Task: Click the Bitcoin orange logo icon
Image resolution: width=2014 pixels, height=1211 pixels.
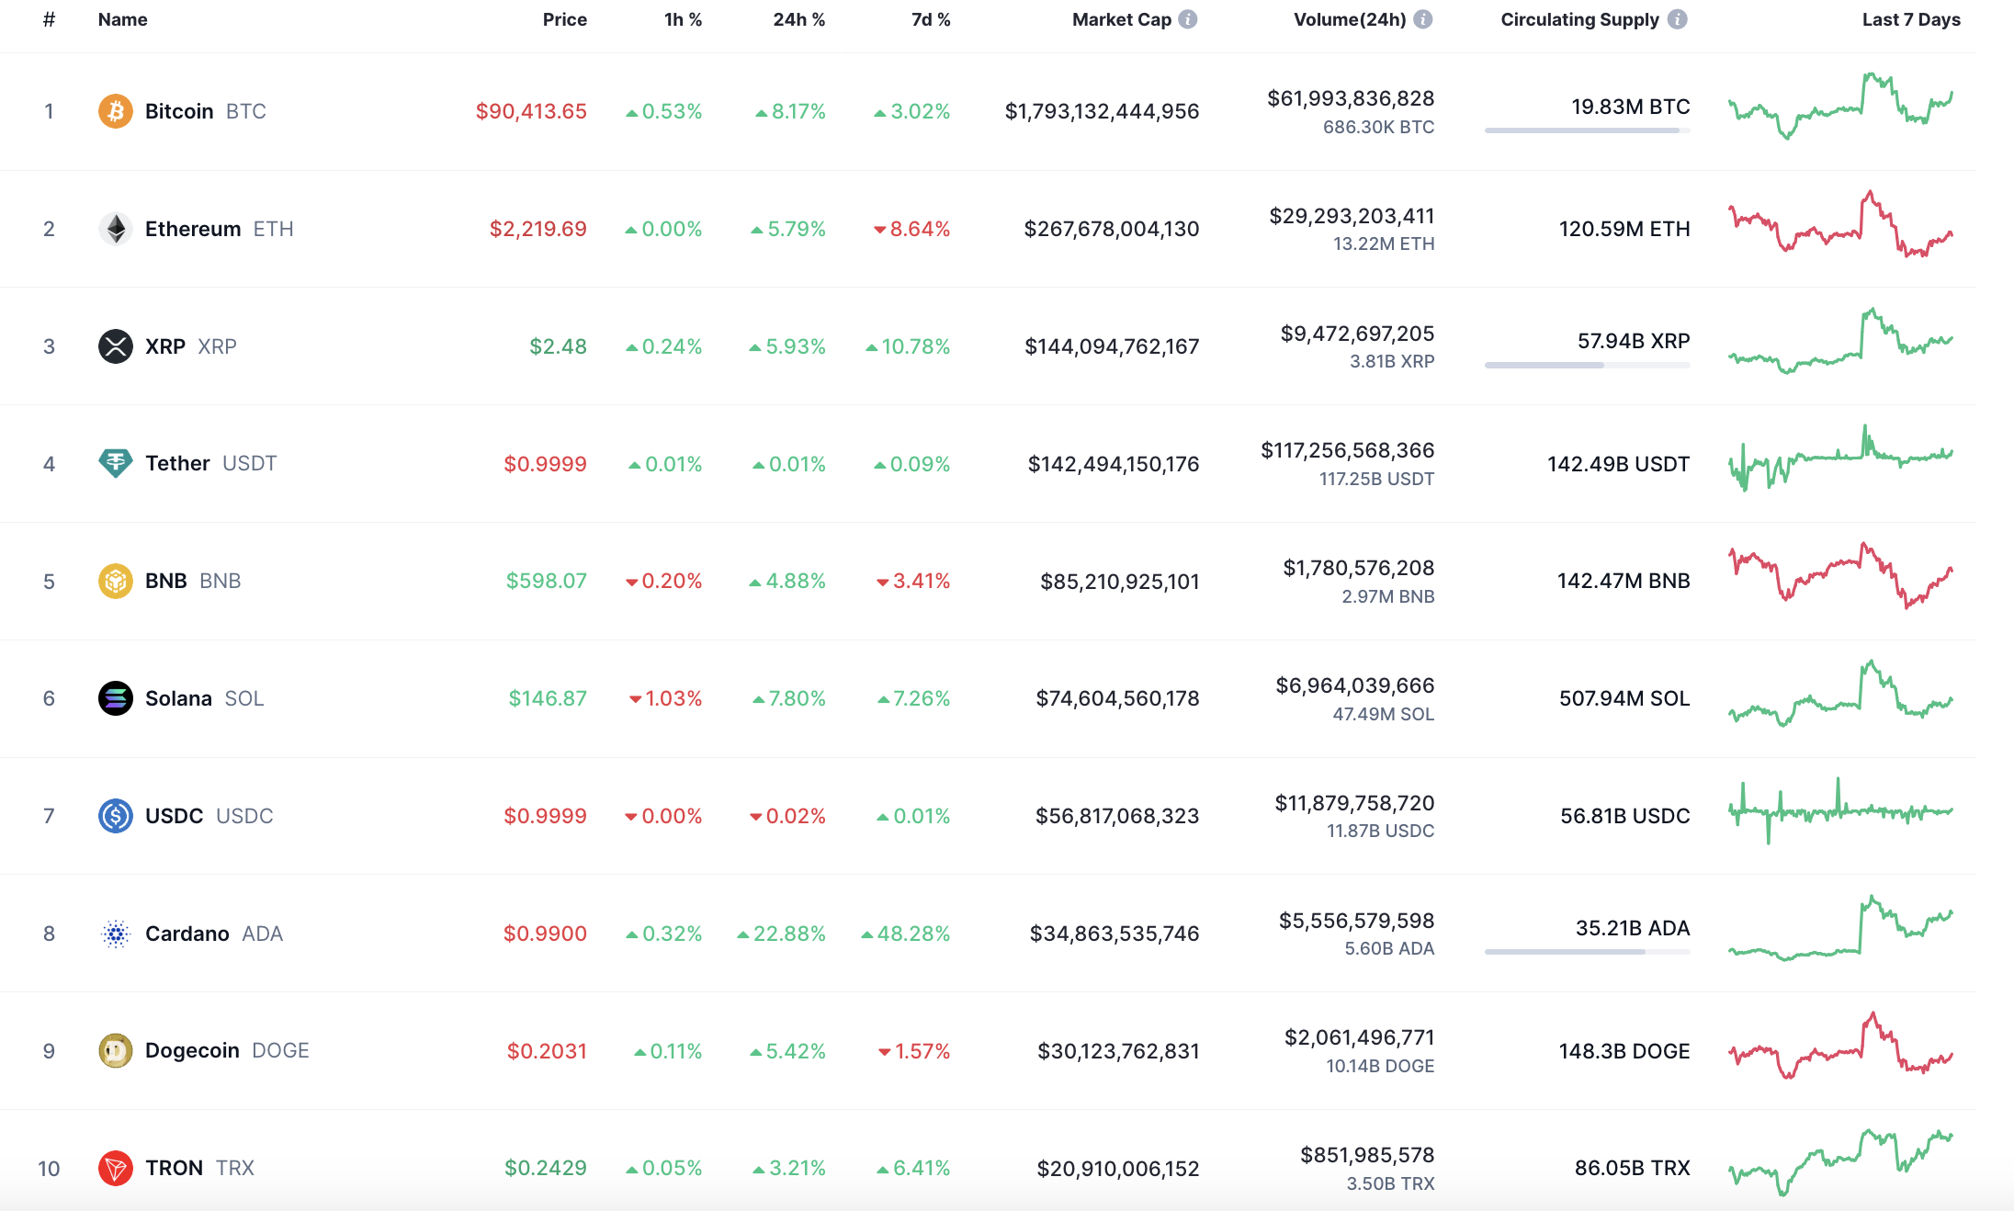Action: point(116,111)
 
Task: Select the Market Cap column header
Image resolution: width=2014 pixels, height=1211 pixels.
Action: point(1121,19)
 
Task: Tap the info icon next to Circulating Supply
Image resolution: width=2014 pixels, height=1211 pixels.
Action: point(1678,19)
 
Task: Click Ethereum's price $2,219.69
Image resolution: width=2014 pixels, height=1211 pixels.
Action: point(537,229)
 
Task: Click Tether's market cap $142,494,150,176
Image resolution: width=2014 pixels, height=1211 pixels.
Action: point(1114,464)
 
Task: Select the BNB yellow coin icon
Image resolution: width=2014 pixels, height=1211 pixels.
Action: point(116,581)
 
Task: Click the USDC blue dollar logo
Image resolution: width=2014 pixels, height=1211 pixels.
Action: point(116,816)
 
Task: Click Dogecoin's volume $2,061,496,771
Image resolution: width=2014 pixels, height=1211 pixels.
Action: point(1359,1037)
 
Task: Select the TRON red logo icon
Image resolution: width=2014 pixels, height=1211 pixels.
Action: point(116,1168)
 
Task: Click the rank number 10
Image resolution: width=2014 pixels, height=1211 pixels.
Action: point(49,1169)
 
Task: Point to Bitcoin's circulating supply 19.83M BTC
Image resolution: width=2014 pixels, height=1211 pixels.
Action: point(1630,107)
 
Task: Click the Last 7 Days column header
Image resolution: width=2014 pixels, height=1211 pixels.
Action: point(1911,19)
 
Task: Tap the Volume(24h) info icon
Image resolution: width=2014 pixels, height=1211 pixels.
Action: point(1423,19)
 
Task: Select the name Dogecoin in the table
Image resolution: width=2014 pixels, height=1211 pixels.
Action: point(192,1050)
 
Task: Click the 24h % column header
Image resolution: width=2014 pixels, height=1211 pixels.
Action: point(799,19)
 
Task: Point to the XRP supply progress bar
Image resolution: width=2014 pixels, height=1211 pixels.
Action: point(1588,365)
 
